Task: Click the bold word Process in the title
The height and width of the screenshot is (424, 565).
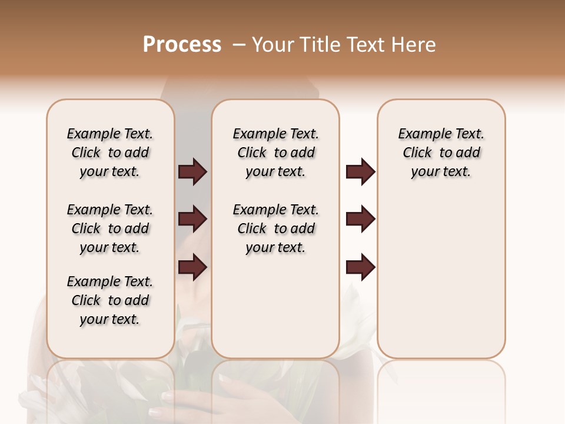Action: point(182,45)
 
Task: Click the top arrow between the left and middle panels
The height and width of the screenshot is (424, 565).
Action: point(192,172)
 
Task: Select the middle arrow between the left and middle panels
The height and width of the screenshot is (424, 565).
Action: point(192,219)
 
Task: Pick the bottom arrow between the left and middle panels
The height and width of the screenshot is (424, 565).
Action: point(192,267)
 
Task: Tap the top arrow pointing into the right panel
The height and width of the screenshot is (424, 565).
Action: point(360,172)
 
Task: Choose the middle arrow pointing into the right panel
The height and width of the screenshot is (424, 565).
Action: point(360,219)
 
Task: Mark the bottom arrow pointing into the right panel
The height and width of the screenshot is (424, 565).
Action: point(360,267)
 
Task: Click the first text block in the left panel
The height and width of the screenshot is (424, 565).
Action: point(110,153)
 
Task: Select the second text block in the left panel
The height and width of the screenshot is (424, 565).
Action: point(110,228)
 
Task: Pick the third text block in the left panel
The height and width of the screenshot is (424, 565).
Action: point(110,300)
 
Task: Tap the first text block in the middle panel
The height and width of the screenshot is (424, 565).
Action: point(275,153)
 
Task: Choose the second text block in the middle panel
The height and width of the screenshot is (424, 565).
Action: point(275,228)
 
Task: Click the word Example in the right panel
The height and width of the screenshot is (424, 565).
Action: point(420,134)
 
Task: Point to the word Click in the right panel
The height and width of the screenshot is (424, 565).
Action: point(417,153)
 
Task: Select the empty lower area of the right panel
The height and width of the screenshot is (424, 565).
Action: point(441,277)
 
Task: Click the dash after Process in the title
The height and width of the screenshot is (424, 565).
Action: point(238,45)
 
